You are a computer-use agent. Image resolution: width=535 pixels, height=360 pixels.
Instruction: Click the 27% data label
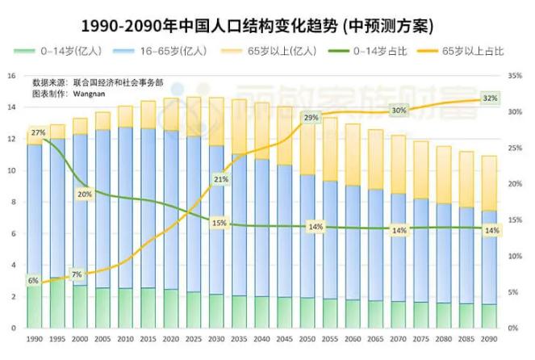(x=38, y=132)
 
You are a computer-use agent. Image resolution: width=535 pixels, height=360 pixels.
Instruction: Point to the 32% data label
(x=490, y=98)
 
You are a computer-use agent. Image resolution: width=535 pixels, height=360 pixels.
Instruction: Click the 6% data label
(x=33, y=280)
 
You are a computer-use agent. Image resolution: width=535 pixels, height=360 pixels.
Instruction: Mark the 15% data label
(x=218, y=223)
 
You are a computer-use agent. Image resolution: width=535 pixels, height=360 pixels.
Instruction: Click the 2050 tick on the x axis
(x=307, y=339)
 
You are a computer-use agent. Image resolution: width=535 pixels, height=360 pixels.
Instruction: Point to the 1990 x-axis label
(x=34, y=339)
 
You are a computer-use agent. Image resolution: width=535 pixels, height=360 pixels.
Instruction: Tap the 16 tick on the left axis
(x=11, y=76)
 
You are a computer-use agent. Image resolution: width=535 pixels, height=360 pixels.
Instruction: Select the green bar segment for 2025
(x=194, y=309)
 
